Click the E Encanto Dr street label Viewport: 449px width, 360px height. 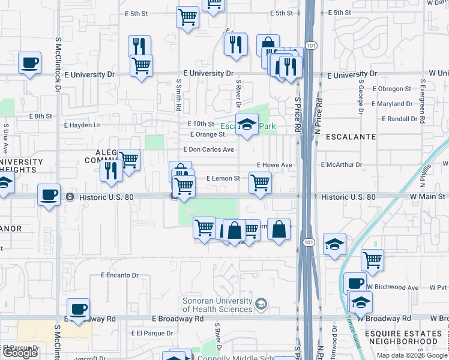(x=119, y=275)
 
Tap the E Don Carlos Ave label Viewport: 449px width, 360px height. (x=208, y=149)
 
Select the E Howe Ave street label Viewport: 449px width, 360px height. (x=274, y=164)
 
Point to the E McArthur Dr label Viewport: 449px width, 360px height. (x=342, y=164)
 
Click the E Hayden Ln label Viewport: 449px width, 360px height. (x=83, y=125)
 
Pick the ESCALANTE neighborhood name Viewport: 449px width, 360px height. (x=351, y=137)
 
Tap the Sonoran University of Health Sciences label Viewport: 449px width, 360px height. (x=217, y=305)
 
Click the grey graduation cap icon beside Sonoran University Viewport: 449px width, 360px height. (x=261, y=305)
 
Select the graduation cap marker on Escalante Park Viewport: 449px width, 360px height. (x=247, y=124)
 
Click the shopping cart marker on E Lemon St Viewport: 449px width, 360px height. (x=260, y=182)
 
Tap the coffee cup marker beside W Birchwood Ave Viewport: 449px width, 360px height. (x=355, y=283)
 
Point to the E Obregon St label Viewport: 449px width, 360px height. (x=391, y=89)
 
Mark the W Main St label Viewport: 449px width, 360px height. (x=429, y=196)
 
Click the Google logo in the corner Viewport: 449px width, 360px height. (x=20, y=353)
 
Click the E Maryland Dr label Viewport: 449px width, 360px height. (x=393, y=104)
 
